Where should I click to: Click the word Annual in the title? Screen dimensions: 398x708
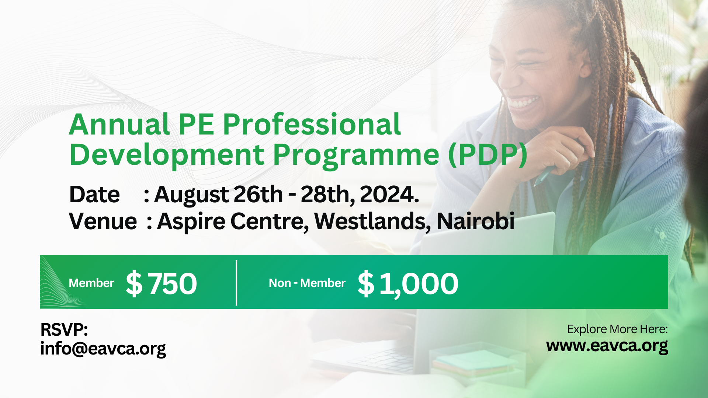[119, 125]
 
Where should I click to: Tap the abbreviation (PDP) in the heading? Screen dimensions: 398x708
[487, 155]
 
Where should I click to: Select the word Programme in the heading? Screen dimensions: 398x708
[356, 156]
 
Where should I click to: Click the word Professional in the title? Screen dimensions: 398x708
[312, 125]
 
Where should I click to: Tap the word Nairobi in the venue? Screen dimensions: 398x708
[475, 221]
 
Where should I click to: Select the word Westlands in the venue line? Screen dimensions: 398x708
[372, 221]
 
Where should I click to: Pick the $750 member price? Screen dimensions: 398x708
[162, 283]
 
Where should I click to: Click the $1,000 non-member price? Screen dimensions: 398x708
[408, 283]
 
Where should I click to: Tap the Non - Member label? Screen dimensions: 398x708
[307, 283]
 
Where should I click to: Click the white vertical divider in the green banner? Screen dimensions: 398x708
[236, 283]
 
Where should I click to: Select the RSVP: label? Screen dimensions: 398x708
[64, 329]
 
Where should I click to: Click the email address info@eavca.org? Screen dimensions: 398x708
[103, 349]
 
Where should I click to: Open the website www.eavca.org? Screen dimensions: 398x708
[607, 346]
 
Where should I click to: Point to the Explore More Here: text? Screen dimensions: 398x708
[617, 329]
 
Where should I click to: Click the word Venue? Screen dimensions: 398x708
[103, 221]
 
